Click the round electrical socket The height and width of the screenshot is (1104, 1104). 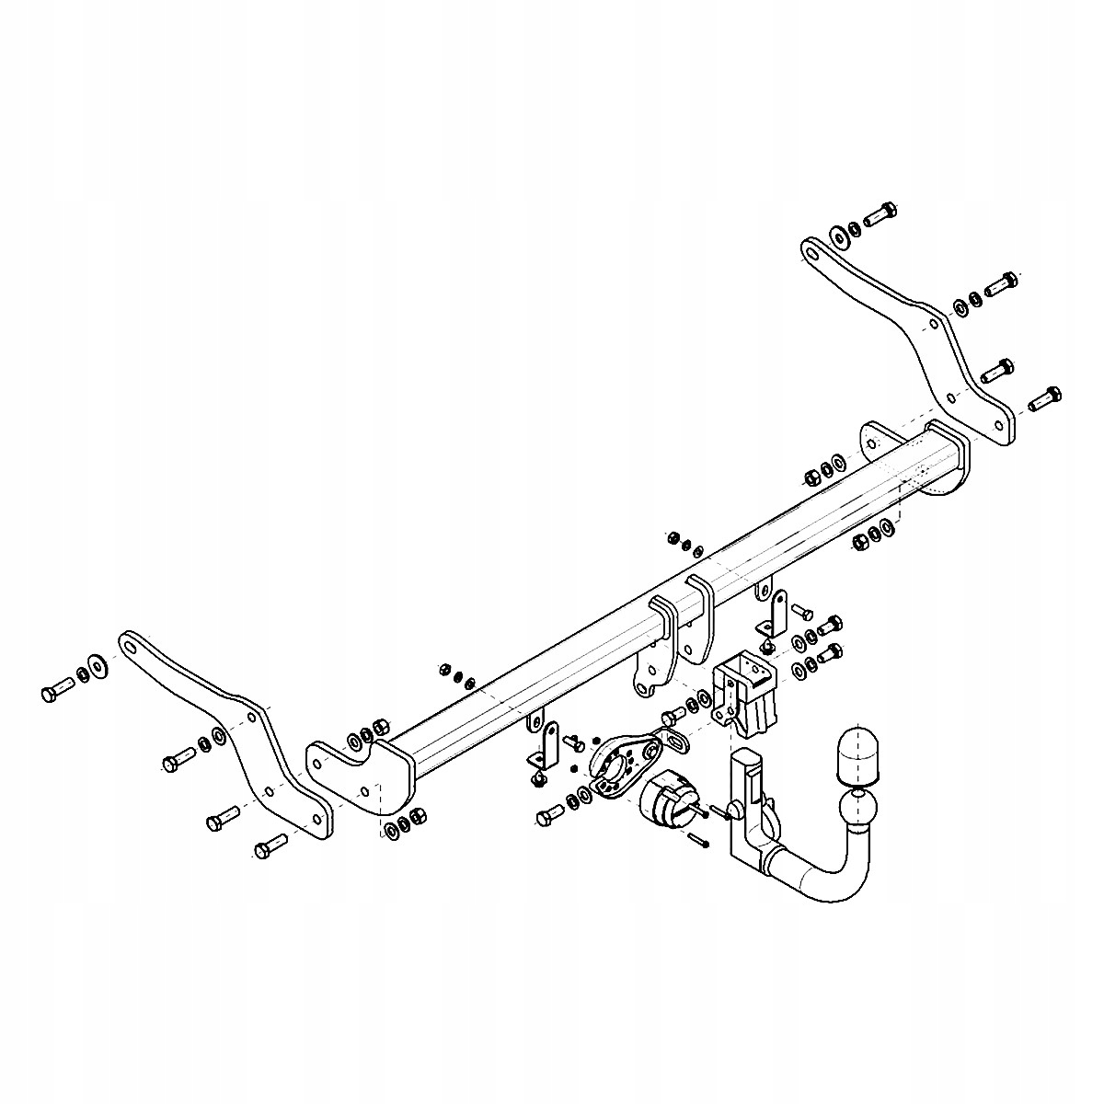(664, 799)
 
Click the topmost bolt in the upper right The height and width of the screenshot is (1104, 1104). (880, 213)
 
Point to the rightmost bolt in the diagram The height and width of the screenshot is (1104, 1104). (1043, 398)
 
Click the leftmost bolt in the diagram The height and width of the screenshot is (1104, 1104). (57, 689)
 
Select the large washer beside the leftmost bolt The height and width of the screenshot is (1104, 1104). (97, 665)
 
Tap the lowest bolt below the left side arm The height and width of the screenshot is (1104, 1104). (269, 846)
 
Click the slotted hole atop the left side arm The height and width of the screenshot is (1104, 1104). (131, 648)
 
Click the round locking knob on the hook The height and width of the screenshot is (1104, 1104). (734, 809)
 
